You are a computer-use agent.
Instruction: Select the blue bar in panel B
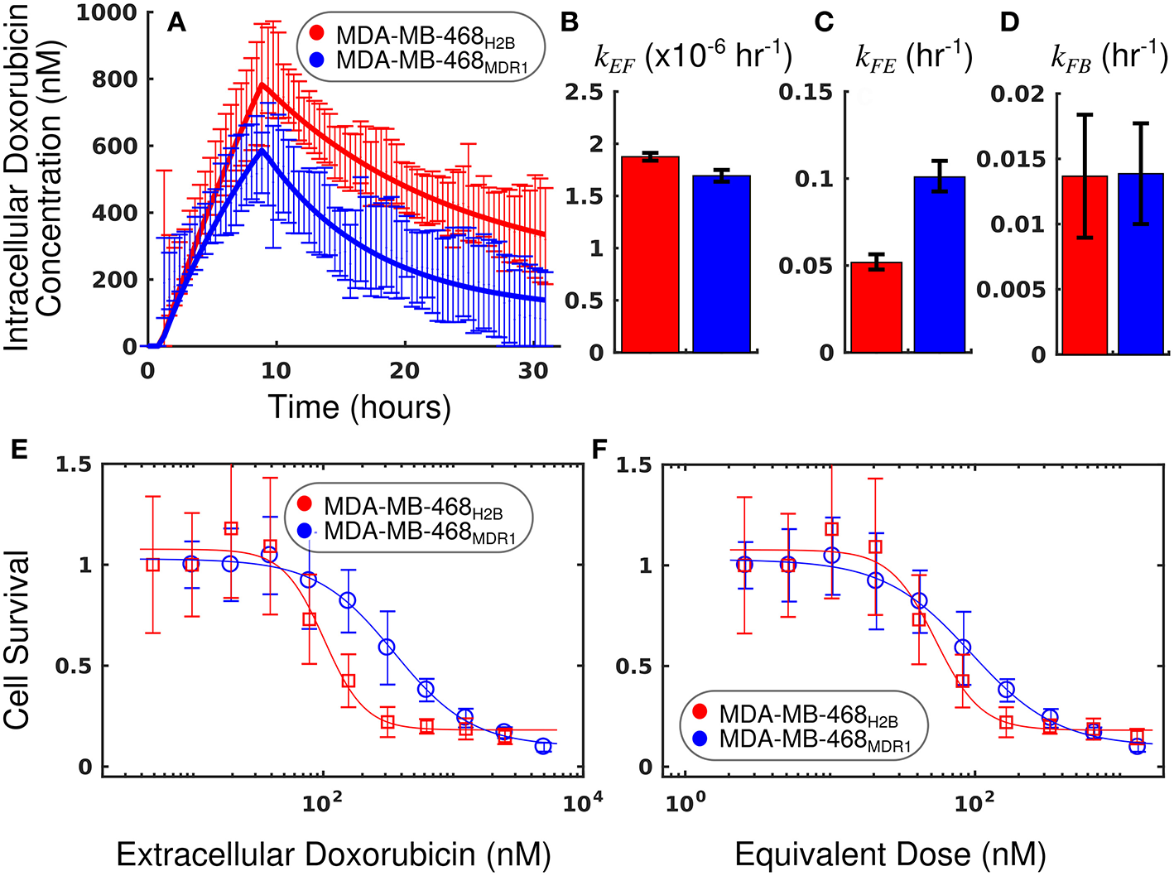[721, 264]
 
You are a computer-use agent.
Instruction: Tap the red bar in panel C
[877, 307]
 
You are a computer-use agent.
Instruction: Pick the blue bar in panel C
[940, 265]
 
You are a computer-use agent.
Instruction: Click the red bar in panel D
[1085, 265]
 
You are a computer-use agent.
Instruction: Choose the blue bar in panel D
[1141, 264]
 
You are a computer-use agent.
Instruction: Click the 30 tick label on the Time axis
[533, 372]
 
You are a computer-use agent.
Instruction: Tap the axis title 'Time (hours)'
[358, 407]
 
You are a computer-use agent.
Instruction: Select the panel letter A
[176, 22]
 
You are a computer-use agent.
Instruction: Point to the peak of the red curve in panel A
[262, 84]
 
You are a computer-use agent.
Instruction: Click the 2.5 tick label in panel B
[584, 91]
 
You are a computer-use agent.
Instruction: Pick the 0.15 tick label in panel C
[805, 91]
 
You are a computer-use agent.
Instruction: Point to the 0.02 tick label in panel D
[1018, 93]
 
